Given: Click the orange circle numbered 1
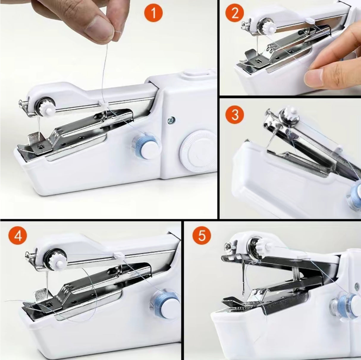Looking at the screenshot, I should pyautogui.click(x=153, y=14).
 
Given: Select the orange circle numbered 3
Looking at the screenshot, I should pyautogui.click(x=235, y=114).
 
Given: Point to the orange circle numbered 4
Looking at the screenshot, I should pyautogui.click(x=18, y=236).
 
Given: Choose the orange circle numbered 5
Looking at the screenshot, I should pyautogui.click(x=202, y=236).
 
